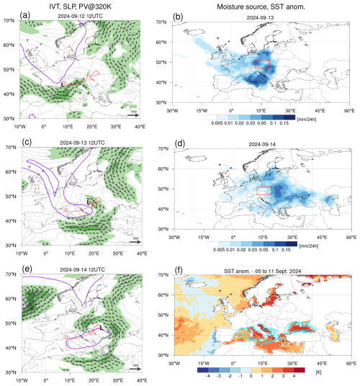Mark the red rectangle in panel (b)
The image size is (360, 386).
[x=262, y=65]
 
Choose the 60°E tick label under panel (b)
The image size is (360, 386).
[x=349, y=110]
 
